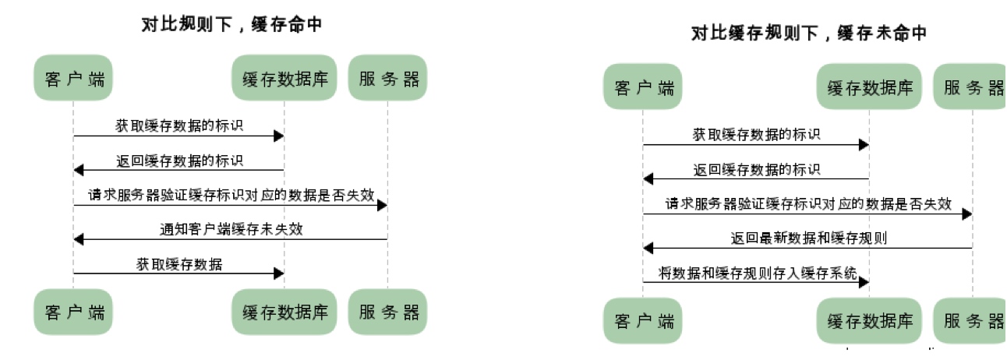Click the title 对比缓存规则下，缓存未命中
pos(809,34)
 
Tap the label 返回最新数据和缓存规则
pos(808,238)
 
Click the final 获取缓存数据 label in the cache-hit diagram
pos(179,264)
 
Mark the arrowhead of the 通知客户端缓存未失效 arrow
pos(78,239)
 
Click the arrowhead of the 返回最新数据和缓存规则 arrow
pos(648,248)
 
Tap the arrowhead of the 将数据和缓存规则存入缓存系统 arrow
pos(864,283)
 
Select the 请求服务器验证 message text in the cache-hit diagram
pos(231,194)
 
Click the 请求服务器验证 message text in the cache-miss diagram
pos(808,203)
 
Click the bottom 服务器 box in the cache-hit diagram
pos(388,312)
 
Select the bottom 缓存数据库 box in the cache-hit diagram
pos(284,312)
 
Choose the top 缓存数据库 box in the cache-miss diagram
pos(869,86)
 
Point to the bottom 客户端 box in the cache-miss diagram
pos(643,320)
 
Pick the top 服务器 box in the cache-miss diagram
pos(971,86)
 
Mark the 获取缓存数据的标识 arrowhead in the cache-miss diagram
pos(864,145)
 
